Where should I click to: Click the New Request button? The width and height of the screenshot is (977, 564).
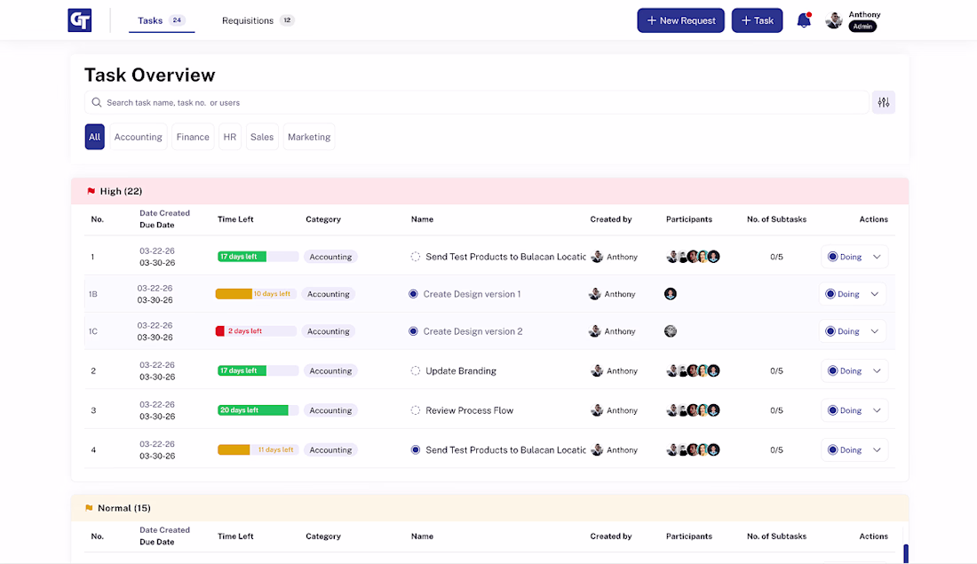680,20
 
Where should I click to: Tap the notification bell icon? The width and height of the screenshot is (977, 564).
804,20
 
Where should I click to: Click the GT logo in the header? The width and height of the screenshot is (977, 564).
80,20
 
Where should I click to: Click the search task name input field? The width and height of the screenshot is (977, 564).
477,102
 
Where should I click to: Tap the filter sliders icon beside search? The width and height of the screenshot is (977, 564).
884,102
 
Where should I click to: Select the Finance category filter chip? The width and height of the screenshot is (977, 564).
193,137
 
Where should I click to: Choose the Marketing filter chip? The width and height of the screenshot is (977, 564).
309,137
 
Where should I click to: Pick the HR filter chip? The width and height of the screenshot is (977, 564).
230,137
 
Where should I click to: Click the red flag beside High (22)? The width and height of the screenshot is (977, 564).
91,191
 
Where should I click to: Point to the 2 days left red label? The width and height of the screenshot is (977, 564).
245,331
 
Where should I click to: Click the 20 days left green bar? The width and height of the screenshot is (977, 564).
253,410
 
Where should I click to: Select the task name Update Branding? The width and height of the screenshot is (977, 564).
461,370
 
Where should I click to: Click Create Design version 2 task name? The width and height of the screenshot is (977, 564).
473,331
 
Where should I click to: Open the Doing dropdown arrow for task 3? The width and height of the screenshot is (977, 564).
877,410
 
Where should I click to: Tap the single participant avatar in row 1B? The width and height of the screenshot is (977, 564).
671,293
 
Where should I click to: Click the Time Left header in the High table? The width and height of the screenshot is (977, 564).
235,219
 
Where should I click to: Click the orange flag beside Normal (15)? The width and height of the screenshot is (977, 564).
89,508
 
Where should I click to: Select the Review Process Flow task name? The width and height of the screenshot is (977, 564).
469,410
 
